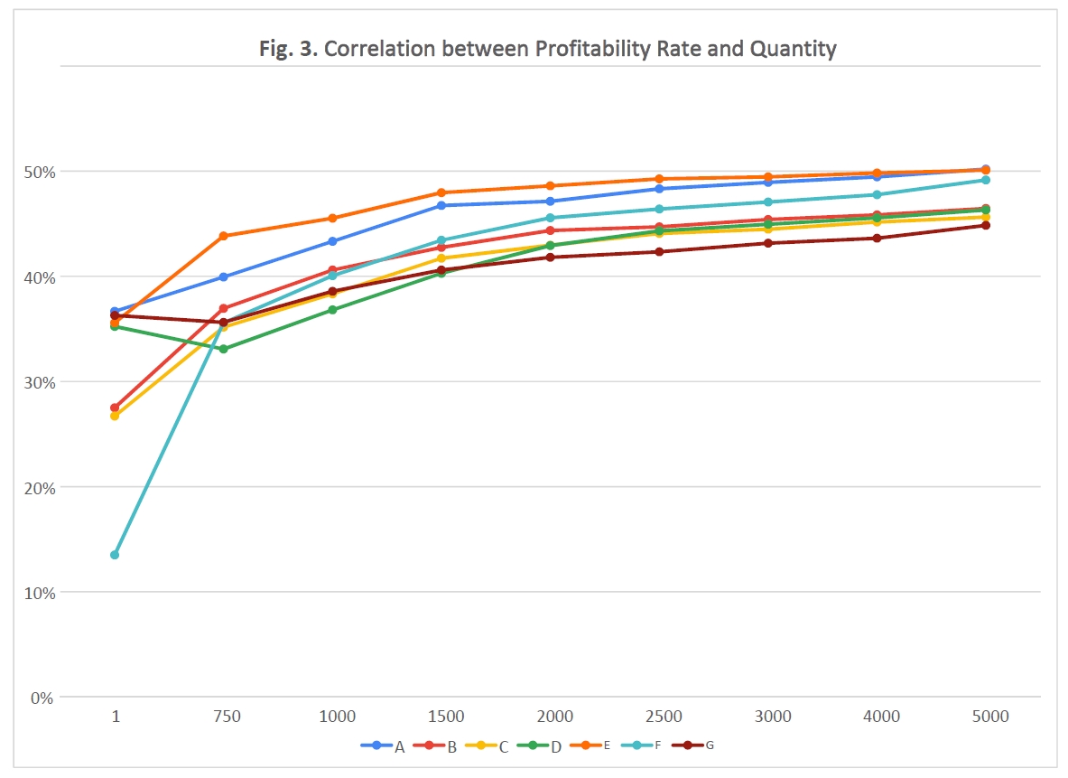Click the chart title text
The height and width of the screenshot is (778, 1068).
point(534,48)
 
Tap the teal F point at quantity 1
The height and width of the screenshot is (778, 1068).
point(115,555)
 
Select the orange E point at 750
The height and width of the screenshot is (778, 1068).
point(224,236)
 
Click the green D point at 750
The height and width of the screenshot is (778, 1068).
point(224,349)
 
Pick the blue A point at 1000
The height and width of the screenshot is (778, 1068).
point(333,241)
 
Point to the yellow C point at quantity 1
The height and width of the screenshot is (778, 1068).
point(115,416)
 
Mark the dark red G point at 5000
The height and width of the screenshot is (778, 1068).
point(986,225)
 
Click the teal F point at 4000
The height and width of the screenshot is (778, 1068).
point(877,194)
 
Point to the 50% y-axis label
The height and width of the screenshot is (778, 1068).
point(38,172)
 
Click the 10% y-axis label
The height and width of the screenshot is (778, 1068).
point(38,593)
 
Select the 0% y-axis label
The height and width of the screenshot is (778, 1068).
point(42,698)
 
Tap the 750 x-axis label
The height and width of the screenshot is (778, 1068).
point(226,717)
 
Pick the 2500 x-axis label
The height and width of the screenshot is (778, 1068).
point(664,717)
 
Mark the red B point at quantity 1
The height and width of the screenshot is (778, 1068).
point(115,408)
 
